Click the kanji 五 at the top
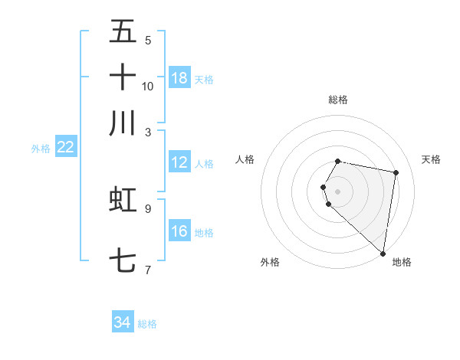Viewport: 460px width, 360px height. pos(123,31)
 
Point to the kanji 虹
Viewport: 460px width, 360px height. pos(123,198)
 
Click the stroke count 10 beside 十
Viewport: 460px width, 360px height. pos(147,86)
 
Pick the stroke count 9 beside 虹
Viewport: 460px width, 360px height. pos(147,208)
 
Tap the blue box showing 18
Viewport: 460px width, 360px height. pos(179,78)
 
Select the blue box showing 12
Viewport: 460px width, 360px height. pos(179,162)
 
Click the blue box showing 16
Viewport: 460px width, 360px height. pos(179,231)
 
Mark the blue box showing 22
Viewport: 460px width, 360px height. pos(65,147)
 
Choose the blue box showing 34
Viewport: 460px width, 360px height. pos(123,322)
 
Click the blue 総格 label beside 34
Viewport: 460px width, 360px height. pos(147,324)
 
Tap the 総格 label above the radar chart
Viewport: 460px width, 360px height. pos(338,100)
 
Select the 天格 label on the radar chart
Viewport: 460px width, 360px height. pos(432,159)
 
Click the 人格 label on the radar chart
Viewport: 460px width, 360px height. pos(245,159)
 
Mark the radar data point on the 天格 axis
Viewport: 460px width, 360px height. pos(396,173)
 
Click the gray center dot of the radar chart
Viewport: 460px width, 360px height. pos(338,191)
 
